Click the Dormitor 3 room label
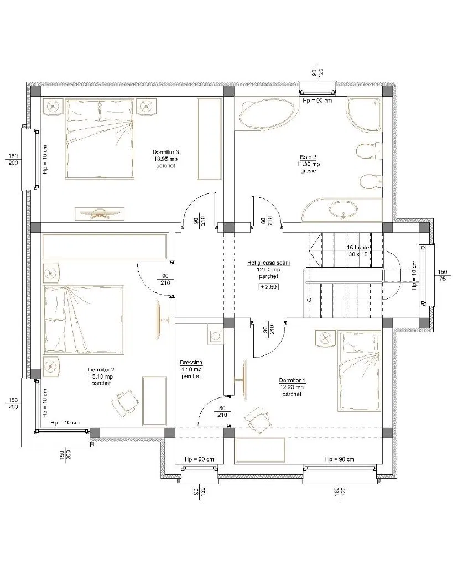(x=166, y=152)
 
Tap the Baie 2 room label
(x=308, y=157)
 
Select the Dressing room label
(x=191, y=363)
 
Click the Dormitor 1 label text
(x=292, y=380)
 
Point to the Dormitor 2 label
(x=101, y=370)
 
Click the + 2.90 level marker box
(x=268, y=287)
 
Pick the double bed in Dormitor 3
(x=100, y=139)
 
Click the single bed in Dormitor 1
(x=360, y=371)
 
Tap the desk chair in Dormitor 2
(x=125, y=402)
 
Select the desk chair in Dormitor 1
(x=258, y=420)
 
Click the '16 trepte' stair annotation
(x=358, y=248)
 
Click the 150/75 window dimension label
(x=442, y=275)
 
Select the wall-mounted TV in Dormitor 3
(x=100, y=214)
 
